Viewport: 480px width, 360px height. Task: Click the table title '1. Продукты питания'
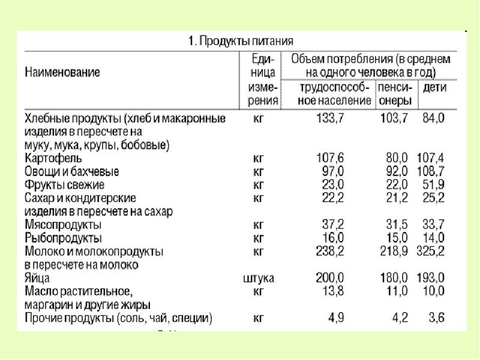click(x=241, y=41)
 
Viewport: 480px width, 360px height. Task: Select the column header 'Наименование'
click(x=62, y=72)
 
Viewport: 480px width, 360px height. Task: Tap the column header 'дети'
click(x=435, y=88)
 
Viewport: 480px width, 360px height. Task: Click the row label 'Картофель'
click(x=53, y=159)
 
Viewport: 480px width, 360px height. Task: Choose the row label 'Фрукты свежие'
click(x=65, y=184)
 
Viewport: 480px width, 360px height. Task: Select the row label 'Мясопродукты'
click(x=63, y=225)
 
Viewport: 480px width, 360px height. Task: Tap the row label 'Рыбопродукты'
click(x=62, y=238)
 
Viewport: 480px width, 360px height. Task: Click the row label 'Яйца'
click(x=37, y=278)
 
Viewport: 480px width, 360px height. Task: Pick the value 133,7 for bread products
click(x=330, y=119)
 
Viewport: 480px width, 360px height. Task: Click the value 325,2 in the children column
click(x=431, y=251)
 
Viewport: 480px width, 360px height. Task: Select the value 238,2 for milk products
click(x=330, y=251)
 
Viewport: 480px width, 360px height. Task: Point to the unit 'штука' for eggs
click(x=259, y=278)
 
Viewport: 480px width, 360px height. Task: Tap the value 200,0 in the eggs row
click(x=330, y=278)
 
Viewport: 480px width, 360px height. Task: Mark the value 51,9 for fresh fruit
click(x=434, y=184)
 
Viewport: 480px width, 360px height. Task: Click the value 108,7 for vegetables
click(x=431, y=172)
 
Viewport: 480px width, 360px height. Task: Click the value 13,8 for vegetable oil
click(x=332, y=291)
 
